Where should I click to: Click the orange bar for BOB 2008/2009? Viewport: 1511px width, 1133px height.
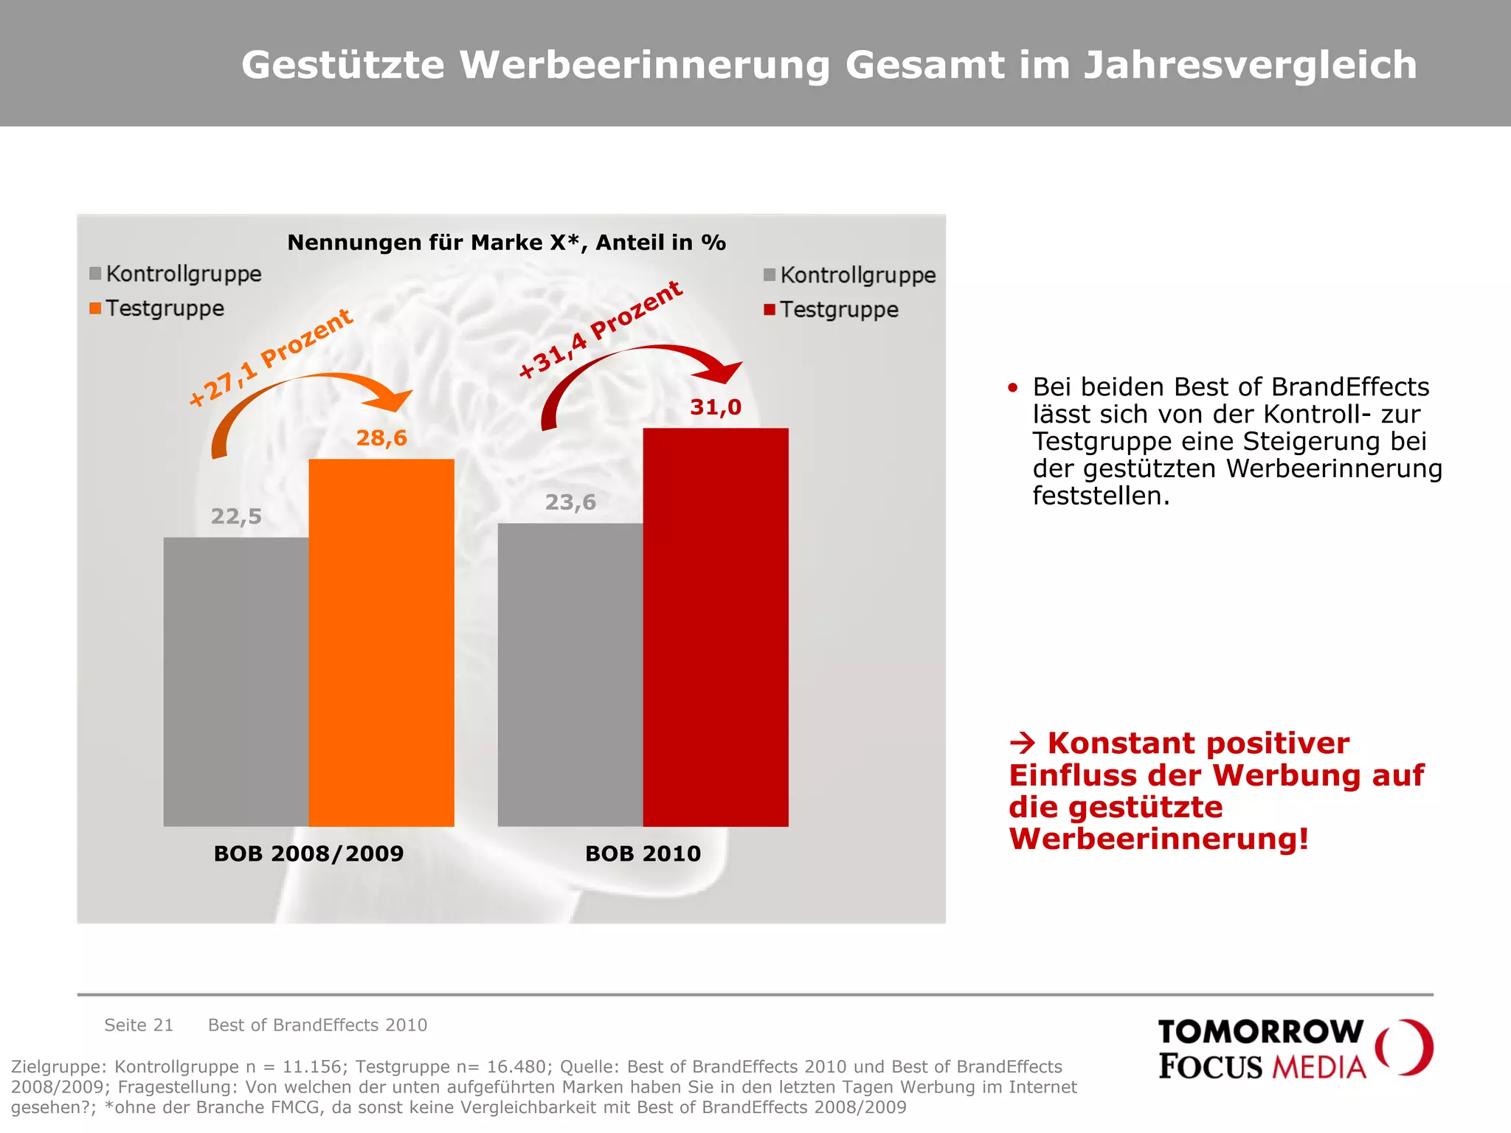click(381, 642)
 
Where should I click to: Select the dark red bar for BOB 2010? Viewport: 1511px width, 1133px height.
click(716, 627)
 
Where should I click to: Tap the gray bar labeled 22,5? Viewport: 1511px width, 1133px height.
click(236, 682)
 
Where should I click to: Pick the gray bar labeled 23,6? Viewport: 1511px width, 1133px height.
click(570, 674)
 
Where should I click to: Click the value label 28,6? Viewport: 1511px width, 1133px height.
click(381, 438)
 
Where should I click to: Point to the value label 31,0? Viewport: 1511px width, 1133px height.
click(716, 407)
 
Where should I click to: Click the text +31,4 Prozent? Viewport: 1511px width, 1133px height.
click(601, 330)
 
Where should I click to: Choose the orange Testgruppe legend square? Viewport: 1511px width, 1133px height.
click(95, 308)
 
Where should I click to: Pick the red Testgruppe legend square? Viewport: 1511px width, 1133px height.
click(770, 310)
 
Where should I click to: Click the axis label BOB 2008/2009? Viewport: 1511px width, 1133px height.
click(308, 853)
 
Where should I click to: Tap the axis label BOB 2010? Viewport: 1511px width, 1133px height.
click(643, 853)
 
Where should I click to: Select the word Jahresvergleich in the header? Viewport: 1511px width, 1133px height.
click(1250, 65)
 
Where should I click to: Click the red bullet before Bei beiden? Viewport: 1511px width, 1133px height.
click(1013, 387)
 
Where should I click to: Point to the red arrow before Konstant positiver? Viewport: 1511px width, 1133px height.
click(1023, 743)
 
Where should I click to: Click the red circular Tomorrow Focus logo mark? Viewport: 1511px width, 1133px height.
click(1404, 1047)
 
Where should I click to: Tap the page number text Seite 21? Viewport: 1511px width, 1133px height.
click(139, 1025)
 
